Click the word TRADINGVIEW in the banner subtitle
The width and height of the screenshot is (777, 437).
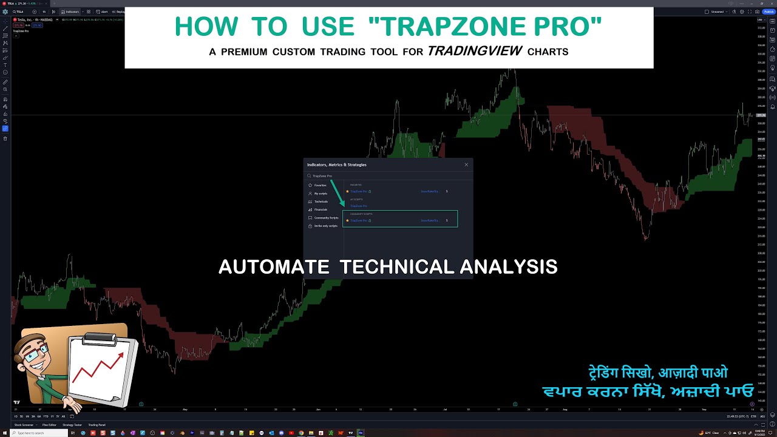click(475, 52)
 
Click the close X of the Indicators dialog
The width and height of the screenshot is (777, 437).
click(466, 164)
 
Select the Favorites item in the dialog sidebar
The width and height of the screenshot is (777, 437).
click(320, 185)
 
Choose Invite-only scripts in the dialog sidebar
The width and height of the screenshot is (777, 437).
click(325, 226)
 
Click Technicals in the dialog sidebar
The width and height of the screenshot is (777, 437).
click(321, 202)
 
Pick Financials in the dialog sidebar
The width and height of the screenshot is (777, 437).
click(321, 209)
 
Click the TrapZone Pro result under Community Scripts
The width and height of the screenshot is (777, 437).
click(359, 220)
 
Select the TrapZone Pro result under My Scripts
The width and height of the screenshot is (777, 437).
click(358, 206)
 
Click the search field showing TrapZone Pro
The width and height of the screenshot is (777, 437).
click(364, 176)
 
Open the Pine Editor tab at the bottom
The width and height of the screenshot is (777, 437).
click(49, 425)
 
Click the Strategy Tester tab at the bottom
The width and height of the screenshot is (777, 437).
click(72, 425)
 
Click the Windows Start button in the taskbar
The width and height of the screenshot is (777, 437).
click(4, 433)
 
